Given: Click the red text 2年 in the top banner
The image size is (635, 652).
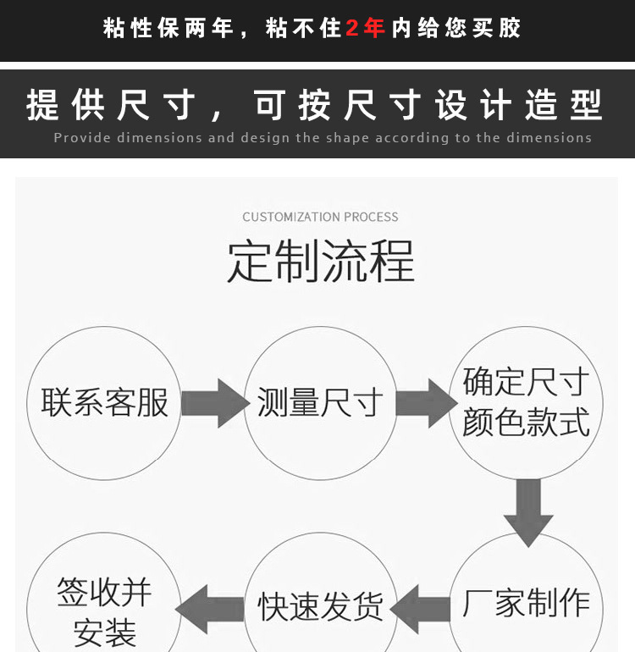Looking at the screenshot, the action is tap(366, 28).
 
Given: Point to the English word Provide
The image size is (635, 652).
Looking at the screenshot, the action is tap(82, 137).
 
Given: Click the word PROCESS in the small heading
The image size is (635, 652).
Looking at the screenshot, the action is tap(371, 217).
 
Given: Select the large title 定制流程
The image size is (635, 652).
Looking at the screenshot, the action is tap(320, 262).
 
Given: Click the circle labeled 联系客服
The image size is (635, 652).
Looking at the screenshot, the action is tap(104, 403).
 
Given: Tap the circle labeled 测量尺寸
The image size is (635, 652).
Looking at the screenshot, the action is tap(320, 403).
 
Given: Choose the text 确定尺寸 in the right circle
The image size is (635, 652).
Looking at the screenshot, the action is tap(526, 383).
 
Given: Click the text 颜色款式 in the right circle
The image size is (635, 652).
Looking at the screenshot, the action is tap(526, 422).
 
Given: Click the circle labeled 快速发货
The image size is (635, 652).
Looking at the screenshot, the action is tap(320, 606).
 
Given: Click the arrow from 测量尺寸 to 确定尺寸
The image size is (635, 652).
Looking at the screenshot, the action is tap(426, 403).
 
